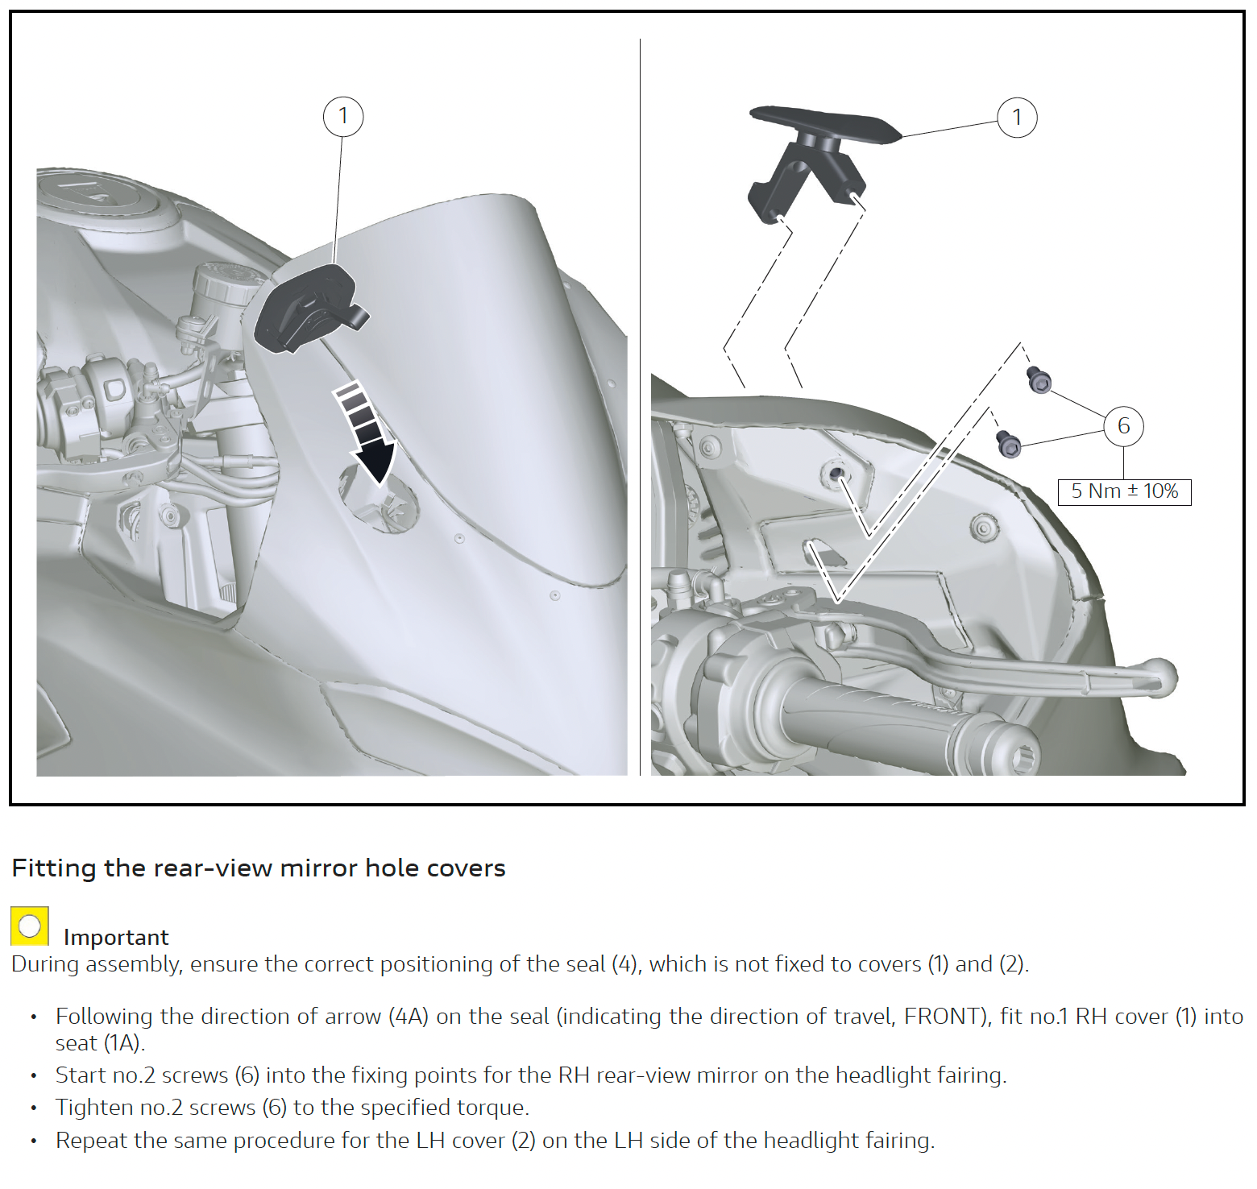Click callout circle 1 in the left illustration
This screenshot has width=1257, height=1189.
click(x=343, y=117)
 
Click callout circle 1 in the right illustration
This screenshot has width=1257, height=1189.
click(x=1017, y=118)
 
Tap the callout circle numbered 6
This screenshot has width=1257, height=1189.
click(x=1123, y=426)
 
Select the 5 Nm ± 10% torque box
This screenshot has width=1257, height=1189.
click(x=1124, y=491)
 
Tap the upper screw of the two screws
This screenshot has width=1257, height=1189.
click(x=1039, y=379)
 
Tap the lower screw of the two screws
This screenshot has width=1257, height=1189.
click(x=1009, y=444)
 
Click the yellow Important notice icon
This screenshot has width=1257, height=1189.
click(x=30, y=926)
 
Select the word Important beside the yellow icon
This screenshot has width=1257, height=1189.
click(x=116, y=938)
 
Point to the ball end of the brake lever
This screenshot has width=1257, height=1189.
click(x=1159, y=677)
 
